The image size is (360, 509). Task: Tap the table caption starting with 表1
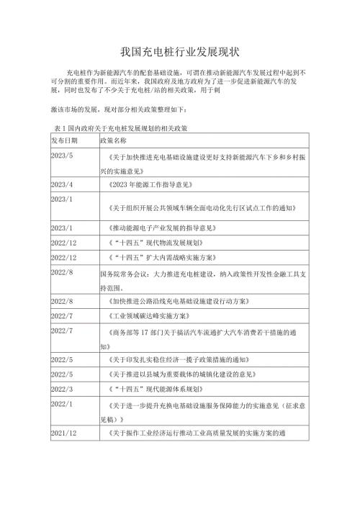(x=116, y=127)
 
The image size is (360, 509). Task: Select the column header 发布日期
(x=67, y=139)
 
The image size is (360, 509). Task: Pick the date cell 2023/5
(x=63, y=155)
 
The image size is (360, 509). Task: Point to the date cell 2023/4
(x=63, y=184)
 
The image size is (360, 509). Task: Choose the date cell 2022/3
(x=63, y=389)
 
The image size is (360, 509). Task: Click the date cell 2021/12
(x=64, y=433)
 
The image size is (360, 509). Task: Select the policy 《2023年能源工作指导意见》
(x=151, y=185)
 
